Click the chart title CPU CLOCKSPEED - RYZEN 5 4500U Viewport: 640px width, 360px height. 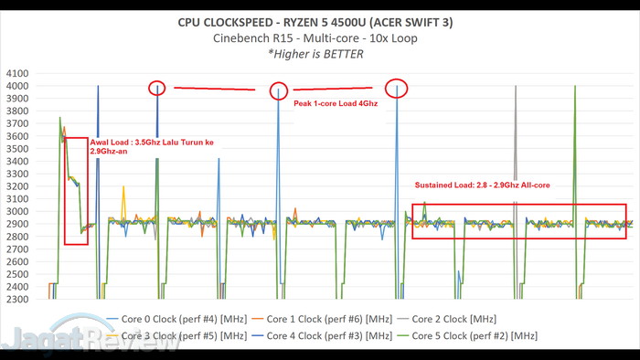(x=321, y=20)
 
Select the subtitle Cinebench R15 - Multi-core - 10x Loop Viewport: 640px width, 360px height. (x=321, y=37)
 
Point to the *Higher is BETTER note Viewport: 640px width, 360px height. (x=321, y=53)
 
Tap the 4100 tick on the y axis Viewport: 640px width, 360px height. (x=16, y=74)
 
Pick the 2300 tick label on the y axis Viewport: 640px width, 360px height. (x=16, y=299)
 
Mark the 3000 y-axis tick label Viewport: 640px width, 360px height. (x=16, y=211)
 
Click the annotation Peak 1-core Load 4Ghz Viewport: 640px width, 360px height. (x=336, y=104)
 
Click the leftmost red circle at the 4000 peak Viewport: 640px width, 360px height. (x=157, y=88)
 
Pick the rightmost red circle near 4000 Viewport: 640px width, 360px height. (x=397, y=89)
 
